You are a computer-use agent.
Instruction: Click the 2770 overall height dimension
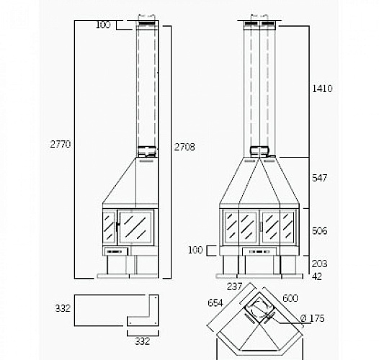[61, 144]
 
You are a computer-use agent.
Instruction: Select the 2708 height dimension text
[184, 147]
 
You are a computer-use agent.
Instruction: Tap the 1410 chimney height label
[322, 89]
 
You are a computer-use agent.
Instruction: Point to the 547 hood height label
[319, 178]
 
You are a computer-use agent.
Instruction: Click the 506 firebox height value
[319, 230]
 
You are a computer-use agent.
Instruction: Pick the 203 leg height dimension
[319, 264]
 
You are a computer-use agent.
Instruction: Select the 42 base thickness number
[317, 276]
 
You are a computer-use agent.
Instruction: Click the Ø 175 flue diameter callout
[312, 318]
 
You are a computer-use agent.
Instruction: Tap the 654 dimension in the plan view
[215, 302]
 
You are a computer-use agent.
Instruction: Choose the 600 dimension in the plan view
[290, 298]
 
